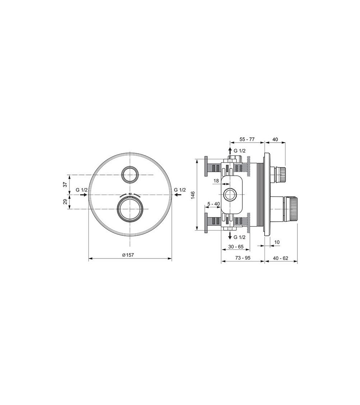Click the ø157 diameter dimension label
(x=128, y=255)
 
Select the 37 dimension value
(x=65, y=184)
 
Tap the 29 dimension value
(x=65, y=202)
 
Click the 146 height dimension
(x=193, y=195)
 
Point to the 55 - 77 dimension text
(x=247, y=139)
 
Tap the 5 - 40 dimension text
(x=214, y=204)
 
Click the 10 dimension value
(x=277, y=242)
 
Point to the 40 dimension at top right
(x=275, y=139)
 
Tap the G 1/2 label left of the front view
(x=81, y=190)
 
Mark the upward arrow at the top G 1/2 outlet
(x=230, y=150)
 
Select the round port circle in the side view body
(x=230, y=195)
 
